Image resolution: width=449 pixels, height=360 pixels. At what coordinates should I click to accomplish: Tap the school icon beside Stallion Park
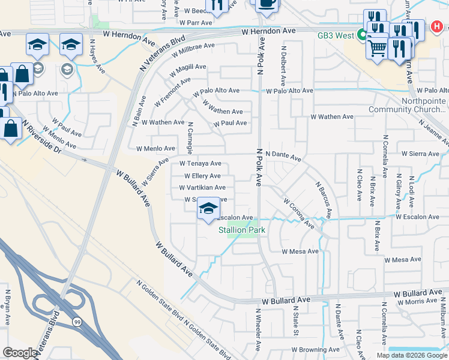click(x=208, y=209)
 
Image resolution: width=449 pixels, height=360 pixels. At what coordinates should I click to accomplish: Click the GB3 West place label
click(x=336, y=35)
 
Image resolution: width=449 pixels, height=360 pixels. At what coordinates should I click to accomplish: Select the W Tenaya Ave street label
click(x=200, y=164)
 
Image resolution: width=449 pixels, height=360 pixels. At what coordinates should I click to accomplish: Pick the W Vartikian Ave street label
click(x=202, y=188)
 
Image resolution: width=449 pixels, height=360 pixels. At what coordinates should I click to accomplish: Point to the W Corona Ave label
click(x=299, y=214)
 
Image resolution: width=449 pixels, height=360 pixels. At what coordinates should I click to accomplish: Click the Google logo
click(x=20, y=353)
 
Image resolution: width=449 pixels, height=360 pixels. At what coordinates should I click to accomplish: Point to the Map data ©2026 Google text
click(x=411, y=355)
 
